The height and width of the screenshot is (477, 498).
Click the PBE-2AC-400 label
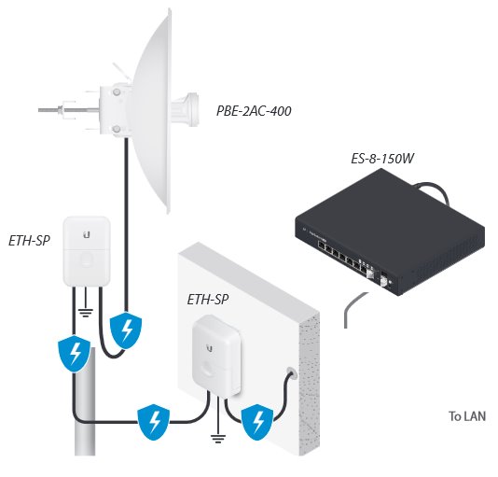point(254,111)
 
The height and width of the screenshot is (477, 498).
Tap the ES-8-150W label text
point(382,159)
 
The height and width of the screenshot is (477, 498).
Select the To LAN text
point(467,416)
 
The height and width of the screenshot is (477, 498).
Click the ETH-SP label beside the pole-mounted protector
point(29,241)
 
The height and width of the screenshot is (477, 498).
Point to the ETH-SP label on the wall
point(207,300)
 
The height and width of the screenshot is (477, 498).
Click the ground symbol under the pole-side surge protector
point(86,313)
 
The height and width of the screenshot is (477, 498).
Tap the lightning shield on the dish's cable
point(126,330)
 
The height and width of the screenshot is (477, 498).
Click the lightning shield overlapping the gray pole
point(75,354)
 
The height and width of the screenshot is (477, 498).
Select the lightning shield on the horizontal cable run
point(153,422)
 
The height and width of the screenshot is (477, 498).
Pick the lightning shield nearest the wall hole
point(257,422)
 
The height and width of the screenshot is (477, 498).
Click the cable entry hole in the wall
point(291,372)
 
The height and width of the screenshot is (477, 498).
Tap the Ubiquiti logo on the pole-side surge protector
point(87,235)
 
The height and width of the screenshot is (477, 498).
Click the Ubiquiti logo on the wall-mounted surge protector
point(210,348)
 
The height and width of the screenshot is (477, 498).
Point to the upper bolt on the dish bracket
point(117,92)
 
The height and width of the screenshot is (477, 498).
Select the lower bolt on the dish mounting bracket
point(117,129)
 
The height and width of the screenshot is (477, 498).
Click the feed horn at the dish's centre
point(186,110)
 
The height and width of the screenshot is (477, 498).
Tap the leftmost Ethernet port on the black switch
point(322,246)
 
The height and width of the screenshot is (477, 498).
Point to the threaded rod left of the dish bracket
point(68,110)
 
